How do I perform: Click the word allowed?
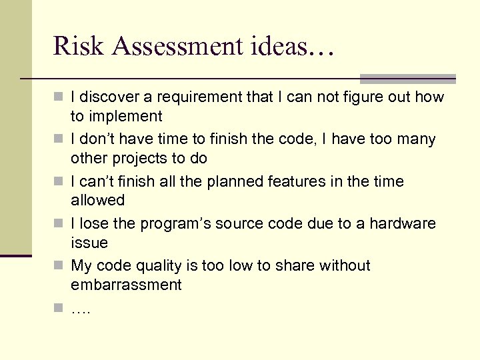point(98,200)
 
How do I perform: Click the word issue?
point(89,243)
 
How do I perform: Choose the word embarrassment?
point(126,285)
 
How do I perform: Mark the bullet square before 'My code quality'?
point(58,266)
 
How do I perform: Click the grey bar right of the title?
point(407,78)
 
